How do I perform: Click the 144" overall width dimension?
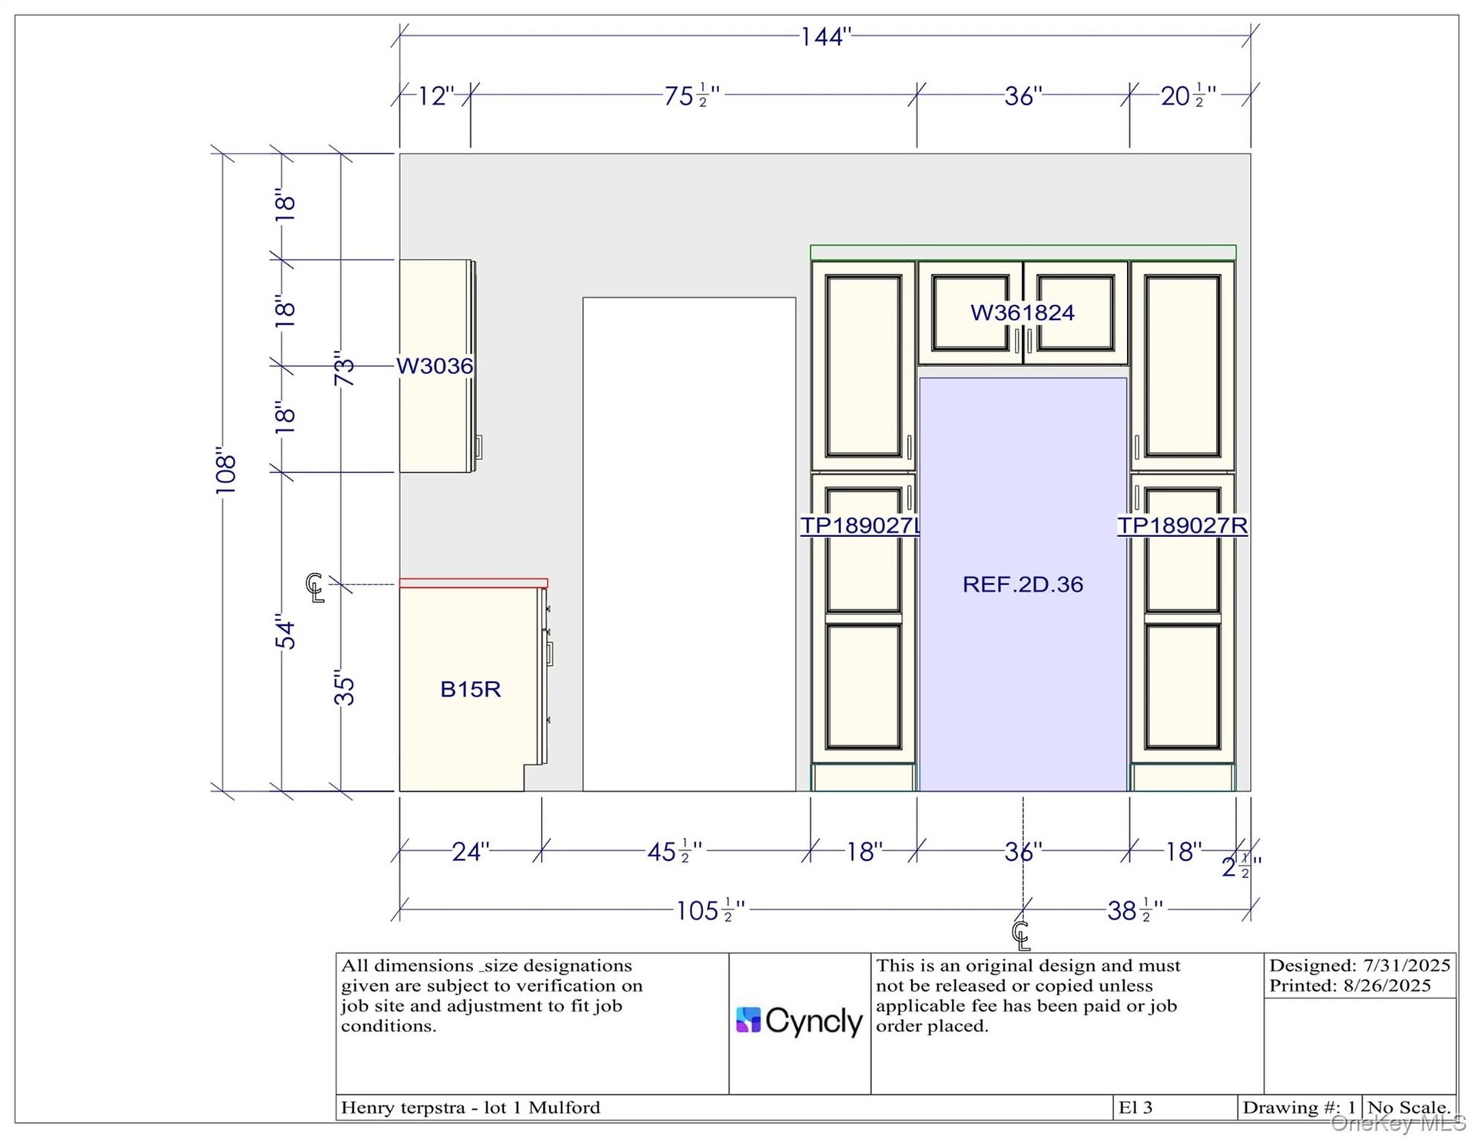(x=826, y=36)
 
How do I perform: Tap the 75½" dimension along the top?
(x=691, y=96)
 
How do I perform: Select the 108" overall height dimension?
(x=225, y=470)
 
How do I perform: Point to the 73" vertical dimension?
(x=344, y=368)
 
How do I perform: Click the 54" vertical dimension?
(x=285, y=631)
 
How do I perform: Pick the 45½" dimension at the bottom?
(x=675, y=852)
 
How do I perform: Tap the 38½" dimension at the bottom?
(x=1135, y=911)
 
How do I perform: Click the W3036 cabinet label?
(x=435, y=366)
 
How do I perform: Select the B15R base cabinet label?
(x=470, y=689)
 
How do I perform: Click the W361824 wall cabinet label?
(x=1023, y=313)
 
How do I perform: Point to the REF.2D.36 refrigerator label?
(x=1023, y=584)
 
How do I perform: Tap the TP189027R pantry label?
(x=1182, y=525)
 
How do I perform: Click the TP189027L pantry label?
(x=860, y=525)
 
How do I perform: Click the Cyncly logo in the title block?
(x=799, y=1021)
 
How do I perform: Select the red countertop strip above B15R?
(x=473, y=583)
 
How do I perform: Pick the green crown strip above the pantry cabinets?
(x=1023, y=253)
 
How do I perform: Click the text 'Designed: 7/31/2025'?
(x=1360, y=965)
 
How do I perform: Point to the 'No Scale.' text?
(x=1409, y=1108)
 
